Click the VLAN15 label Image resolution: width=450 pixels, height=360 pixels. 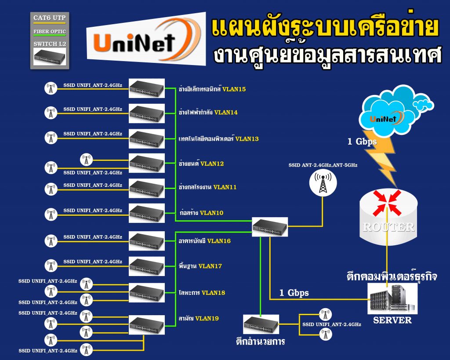(x=234, y=89)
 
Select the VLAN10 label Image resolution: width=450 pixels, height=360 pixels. (x=211, y=213)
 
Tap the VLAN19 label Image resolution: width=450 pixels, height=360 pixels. (x=207, y=318)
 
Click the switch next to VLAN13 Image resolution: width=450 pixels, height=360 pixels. (x=146, y=139)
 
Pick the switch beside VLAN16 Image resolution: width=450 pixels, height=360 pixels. (x=146, y=240)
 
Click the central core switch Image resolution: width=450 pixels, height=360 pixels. (x=270, y=227)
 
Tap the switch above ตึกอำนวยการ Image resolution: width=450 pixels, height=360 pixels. (x=261, y=325)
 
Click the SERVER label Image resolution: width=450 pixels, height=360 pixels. (x=392, y=320)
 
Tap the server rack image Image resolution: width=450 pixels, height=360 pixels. (x=392, y=298)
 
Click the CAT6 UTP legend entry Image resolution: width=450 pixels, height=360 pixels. (x=50, y=18)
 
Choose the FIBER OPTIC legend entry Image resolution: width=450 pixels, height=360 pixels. (x=50, y=32)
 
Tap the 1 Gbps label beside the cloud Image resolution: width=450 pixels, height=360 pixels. (x=362, y=142)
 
